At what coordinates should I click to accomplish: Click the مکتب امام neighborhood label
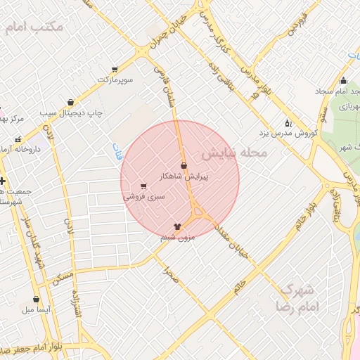[33, 27]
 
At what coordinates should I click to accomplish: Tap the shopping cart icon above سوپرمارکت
[115, 70]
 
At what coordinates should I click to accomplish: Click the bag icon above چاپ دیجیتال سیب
[70, 102]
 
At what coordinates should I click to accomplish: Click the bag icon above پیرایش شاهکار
[184, 166]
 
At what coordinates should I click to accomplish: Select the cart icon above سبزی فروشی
[144, 186]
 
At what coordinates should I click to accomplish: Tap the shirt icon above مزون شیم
[176, 226]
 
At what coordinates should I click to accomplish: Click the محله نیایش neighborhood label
[234, 152]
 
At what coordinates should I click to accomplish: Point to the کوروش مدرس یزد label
[288, 132]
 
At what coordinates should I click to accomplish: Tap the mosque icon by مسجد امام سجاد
[343, 80]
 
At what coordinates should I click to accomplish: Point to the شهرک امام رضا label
[300, 299]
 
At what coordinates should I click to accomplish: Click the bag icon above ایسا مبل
[36, 299]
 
